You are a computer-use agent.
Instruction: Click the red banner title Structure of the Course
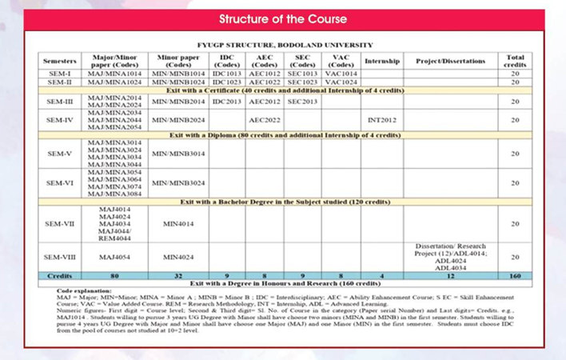[x=283, y=18]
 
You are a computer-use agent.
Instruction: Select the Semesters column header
[x=61, y=61]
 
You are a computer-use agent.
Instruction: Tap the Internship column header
[x=382, y=61]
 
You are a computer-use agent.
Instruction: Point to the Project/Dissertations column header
[x=450, y=61]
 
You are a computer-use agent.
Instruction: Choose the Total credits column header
[x=515, y=61]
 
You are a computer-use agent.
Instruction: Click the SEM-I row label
[x=61, y=73]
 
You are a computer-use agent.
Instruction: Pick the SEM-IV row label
[x=61, y=120]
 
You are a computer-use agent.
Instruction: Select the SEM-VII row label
[x=61, y=224]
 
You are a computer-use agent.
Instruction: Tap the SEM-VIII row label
[x=61, y=258]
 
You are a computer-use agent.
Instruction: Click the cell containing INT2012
[x=382, y=120]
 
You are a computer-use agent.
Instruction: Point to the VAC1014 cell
[x=341, y=73]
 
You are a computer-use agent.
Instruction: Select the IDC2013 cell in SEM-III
[x=227, y=102]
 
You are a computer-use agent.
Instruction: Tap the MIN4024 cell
[x=178, y=258]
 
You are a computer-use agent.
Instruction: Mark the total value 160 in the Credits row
[x=515, y=275]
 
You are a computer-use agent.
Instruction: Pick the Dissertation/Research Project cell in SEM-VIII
[x=450, y=257]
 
